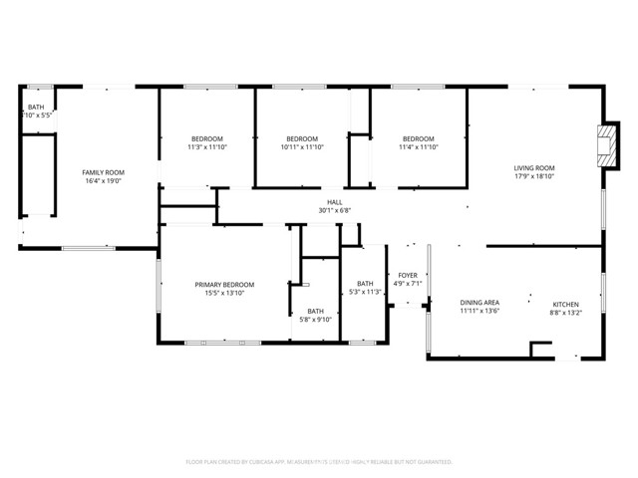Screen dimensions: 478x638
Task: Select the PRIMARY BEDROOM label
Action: click(x=224, y=285)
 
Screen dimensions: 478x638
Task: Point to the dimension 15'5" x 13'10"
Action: click(x=224, y=294)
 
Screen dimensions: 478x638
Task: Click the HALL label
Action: click(x=336, y=201)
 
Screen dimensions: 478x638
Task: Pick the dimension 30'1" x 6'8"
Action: click(x=336, y=210)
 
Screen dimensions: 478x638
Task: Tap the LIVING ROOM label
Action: click(x=534, y=168)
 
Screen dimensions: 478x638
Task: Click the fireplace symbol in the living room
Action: click(x=604, y=143)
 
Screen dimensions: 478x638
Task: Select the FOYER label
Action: click(x=408, y=275)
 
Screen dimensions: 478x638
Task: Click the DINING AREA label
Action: click(x=479, y=303)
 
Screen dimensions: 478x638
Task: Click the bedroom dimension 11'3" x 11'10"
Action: click(x=206, y=147)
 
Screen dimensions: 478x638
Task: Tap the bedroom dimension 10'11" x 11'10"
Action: click(x=302, y=147)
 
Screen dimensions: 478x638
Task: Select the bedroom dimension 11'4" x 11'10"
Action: click(x=419, y=147)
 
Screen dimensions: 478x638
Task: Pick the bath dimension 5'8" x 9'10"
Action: click(x=315, y=319)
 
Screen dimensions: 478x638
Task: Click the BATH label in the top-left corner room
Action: click(x=36, y=107)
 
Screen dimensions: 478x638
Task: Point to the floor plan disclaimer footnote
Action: click(x=319, y=462)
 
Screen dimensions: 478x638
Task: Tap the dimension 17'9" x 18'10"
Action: click(x=534, y=177)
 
